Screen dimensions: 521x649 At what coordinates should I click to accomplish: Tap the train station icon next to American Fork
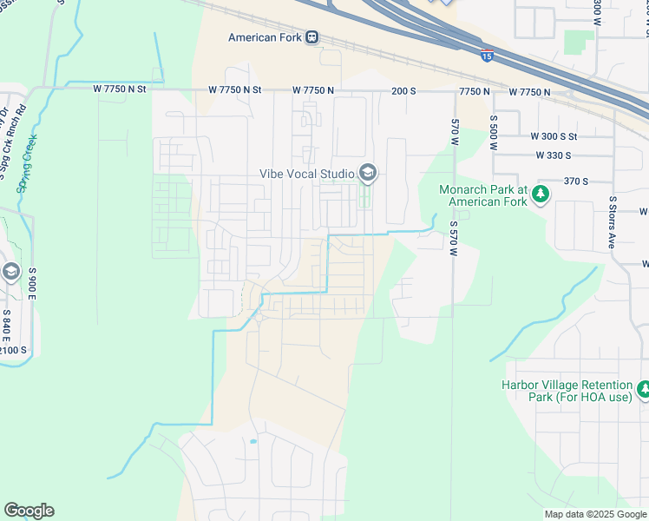[x=311, y=37]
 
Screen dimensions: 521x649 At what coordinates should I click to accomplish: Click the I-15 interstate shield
[x=488, y=54]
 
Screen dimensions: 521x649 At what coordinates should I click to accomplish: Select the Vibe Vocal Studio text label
[x=308, y=174]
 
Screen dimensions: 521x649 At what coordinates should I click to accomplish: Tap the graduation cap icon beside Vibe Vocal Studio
[x=368, y=174]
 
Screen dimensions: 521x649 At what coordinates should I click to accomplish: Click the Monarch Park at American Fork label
[x=483, y=195]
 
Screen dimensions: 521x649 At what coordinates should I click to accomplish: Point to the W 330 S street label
[x=553, y=155]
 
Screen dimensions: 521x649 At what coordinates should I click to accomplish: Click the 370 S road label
[x=575, y=181]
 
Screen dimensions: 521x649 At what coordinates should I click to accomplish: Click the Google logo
[x=29, y=511]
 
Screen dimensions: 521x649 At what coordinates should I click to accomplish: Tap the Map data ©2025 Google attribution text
[x=594, y=514]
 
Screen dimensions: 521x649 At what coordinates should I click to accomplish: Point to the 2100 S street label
[x=13, y=349]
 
